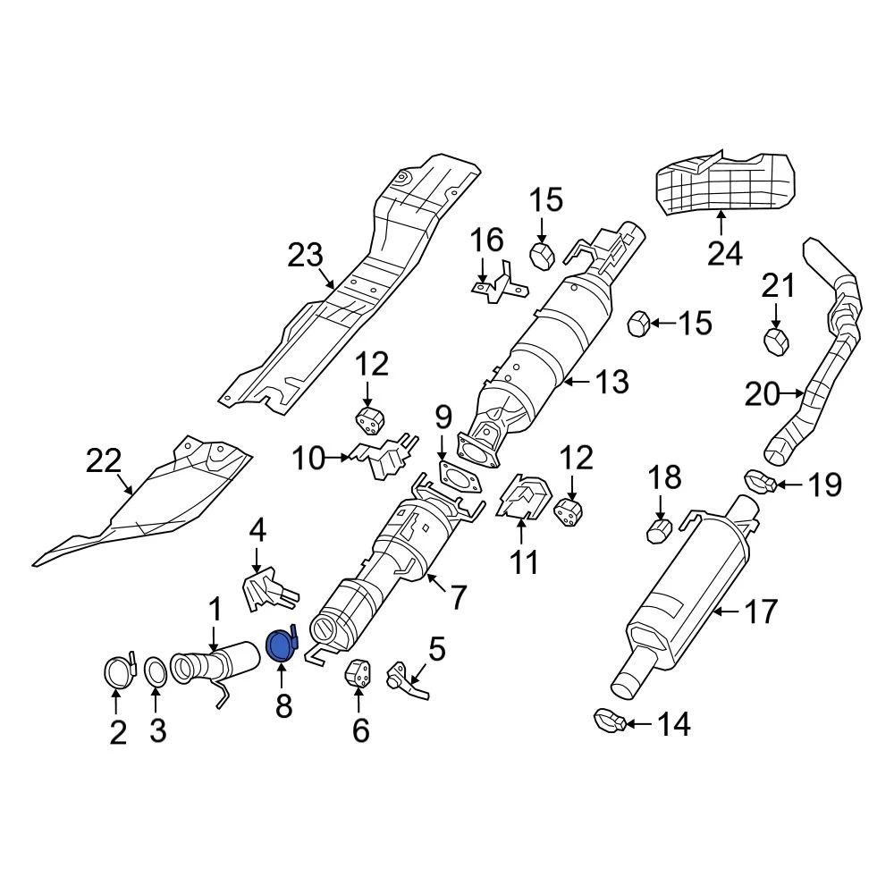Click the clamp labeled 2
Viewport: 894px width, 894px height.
(116, 670)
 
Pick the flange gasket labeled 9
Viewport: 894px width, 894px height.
(459, 476)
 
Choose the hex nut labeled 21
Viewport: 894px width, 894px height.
(776, 340)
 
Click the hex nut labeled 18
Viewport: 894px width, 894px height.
(660, 534)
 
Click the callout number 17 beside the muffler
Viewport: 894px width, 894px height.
(760, 612)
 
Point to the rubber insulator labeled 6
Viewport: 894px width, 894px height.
(359, 677)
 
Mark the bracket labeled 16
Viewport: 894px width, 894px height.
(499, 284)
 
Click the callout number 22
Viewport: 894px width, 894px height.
(103, 462)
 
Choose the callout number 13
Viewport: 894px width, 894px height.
(612, 382)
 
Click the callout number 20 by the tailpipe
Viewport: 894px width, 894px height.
(763, 393)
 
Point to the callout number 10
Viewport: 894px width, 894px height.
(309, 460)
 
